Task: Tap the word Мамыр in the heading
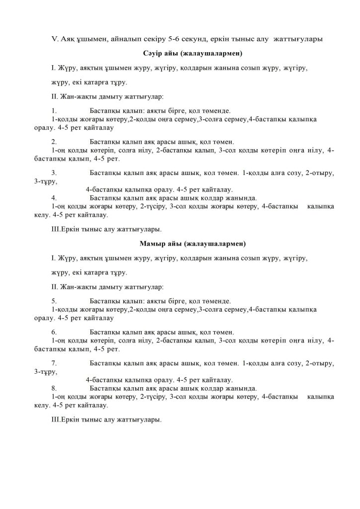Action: [154, 244]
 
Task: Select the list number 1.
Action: [53, 110]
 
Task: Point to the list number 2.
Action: [54, 141]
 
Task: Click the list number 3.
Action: [54, 173]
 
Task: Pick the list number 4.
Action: [54, 197]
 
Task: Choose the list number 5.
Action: [54, 301]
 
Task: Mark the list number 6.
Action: [54, 332]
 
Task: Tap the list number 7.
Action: [54, 364]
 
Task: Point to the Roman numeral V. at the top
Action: [55, 38]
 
